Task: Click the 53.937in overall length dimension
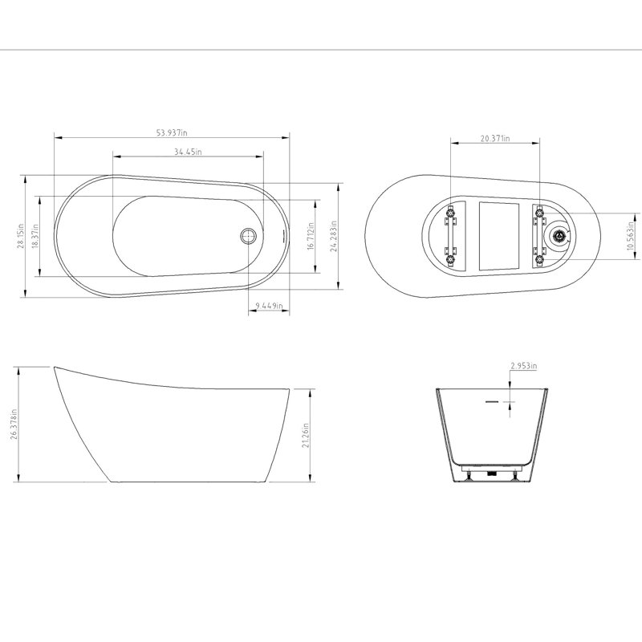coord(172,132)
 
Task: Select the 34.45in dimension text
coord(188,152)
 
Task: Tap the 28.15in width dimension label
coord(22,236)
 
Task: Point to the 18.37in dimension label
coord(35,236)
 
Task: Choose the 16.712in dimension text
coord(311,236)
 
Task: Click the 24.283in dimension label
coord(334,236)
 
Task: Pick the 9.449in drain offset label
coord(269,306)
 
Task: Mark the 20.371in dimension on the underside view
coord(495,138)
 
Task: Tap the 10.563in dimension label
coord(631,236)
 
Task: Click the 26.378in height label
coord(14,424)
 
